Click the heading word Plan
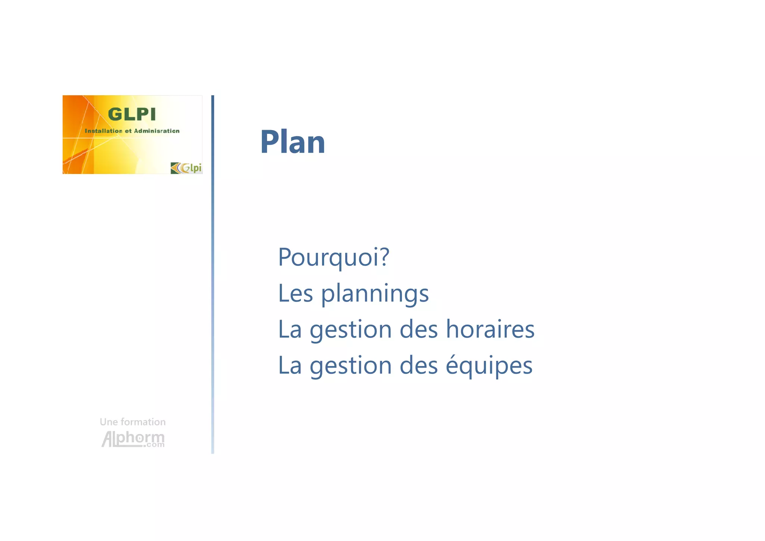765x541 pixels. pos(292,142)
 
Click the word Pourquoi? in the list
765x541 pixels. pos(334,257)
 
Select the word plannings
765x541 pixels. pos(375,294)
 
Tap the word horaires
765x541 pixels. pos(490,329)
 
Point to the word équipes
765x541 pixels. pos(489,366)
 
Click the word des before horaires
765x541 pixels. pos(419,329)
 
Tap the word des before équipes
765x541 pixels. pos(419,365)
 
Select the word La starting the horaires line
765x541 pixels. pos(290,329)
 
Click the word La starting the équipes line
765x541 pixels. pos(290,365)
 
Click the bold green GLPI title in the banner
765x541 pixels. pos(131,114)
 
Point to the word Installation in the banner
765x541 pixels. pos(103,131)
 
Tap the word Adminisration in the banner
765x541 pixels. pos(157,131)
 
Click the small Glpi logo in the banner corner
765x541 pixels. pos(186,168)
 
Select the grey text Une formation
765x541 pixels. pos(133,422)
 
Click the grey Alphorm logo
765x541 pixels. pos(133,439)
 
